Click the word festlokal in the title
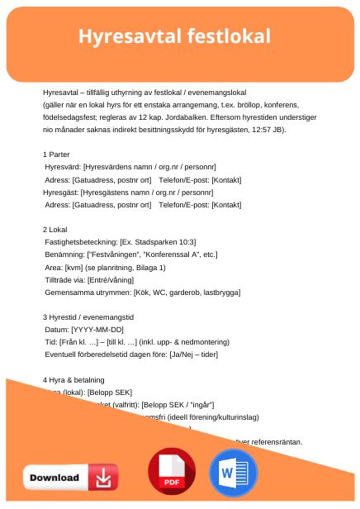tap(228, 36)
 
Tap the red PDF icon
tap(171, 472)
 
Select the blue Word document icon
tap(234, 472)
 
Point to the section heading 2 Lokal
tap(57, 229)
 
